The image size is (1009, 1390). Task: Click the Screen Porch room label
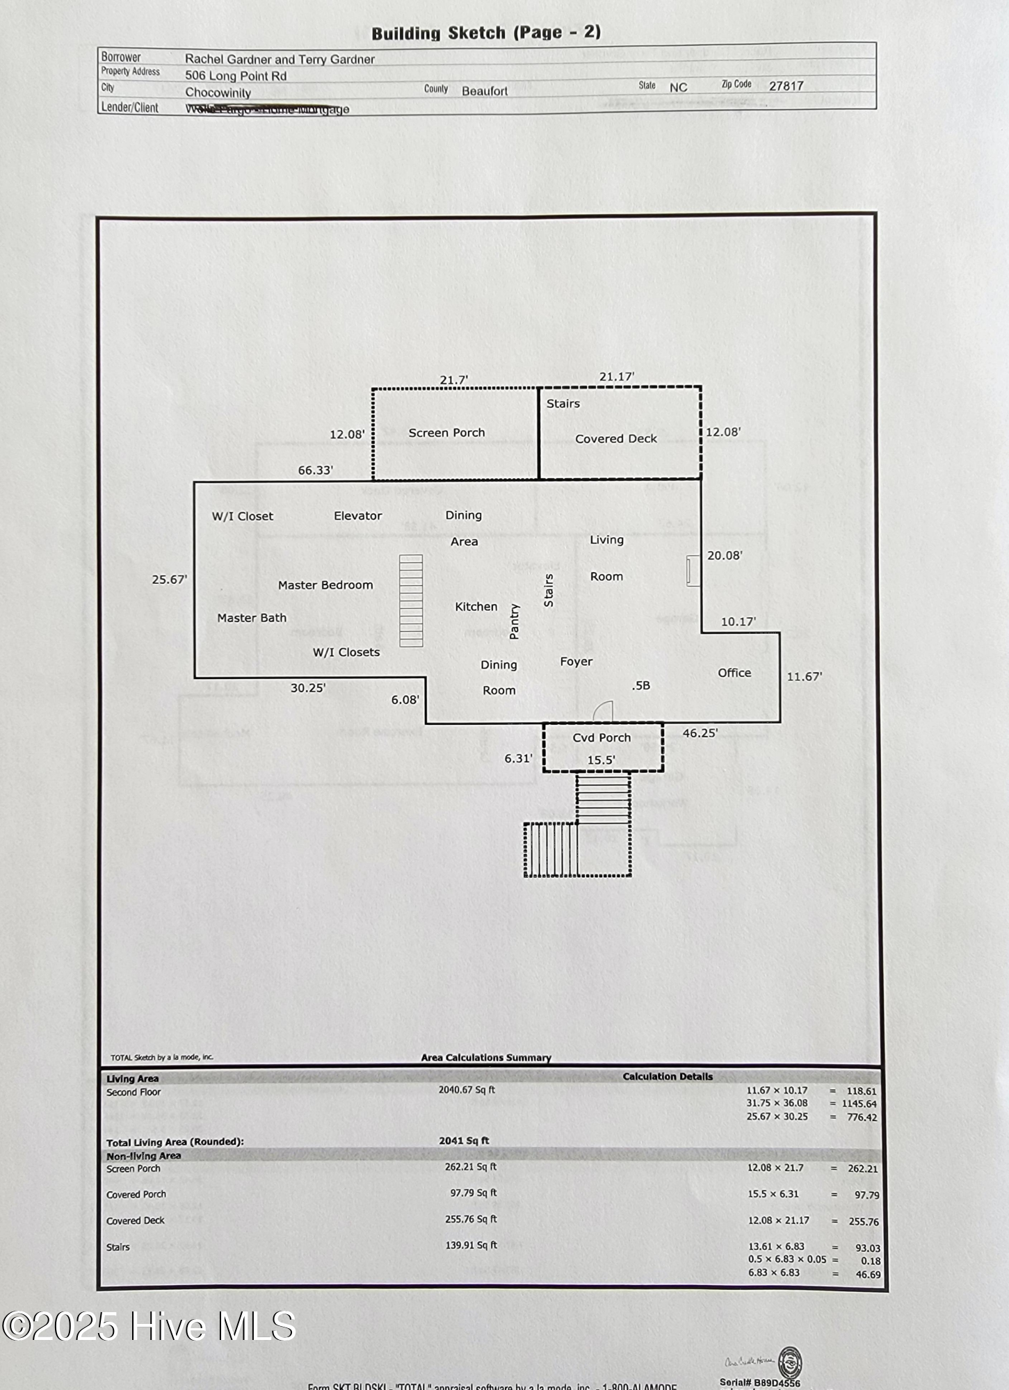[446, 433]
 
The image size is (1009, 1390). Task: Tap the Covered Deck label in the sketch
[615, 439]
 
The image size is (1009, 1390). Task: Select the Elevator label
[357, 516]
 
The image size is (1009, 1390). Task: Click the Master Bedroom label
[325, 585]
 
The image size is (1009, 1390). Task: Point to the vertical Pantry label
[515, 621]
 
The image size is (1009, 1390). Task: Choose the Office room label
[734, 673]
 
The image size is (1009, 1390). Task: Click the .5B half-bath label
[640, 685]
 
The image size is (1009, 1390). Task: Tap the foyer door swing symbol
[603, 712]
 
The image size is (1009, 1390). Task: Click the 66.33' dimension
[315, 471]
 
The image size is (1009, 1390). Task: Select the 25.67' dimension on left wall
[169, 580]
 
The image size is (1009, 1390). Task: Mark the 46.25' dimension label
[700, 733]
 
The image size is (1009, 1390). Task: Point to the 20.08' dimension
[725, 555]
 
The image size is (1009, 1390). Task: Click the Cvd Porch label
[602, 737]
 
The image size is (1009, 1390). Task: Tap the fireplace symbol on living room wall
[693, 571]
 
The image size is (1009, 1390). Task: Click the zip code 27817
[786, 86]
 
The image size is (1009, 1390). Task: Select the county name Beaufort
[485, 91]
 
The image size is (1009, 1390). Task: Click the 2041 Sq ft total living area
[464, 1140]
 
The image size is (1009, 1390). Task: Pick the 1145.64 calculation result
[859, 1104]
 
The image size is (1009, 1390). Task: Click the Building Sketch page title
[486, 33]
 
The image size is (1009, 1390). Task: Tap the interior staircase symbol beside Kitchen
[411, 600]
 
